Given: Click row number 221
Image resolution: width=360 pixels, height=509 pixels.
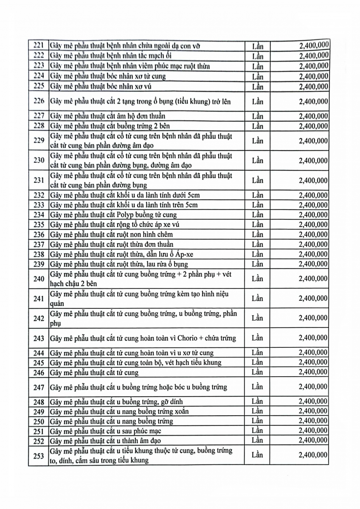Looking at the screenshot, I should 39,46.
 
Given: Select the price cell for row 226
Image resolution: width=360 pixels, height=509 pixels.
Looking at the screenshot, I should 313,102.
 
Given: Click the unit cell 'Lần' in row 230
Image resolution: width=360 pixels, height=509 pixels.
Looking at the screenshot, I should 257,161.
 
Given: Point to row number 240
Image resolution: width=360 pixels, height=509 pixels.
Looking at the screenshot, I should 39,279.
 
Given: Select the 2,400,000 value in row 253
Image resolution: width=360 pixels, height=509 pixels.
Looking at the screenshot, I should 313,455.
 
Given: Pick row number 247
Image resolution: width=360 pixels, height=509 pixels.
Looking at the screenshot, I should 39,387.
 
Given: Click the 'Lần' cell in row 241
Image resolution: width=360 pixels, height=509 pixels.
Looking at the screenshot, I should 257,299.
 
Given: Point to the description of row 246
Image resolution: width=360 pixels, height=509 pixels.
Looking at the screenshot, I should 94,373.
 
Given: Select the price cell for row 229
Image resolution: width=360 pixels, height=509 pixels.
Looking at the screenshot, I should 313,141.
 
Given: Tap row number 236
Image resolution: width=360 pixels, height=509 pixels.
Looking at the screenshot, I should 39,235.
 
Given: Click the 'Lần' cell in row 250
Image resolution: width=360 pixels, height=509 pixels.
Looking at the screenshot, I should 257,421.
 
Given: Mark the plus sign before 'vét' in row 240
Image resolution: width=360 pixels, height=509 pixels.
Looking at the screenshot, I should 216,274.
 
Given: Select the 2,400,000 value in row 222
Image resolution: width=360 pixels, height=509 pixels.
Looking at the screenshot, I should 313,56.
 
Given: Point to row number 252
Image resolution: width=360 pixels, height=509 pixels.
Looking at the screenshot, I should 39,441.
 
